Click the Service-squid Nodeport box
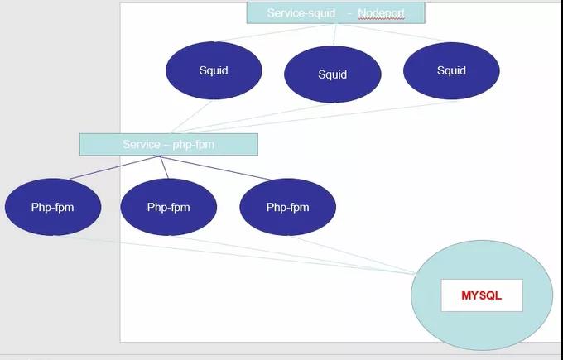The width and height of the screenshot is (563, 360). pyautogui.click(x=335, y=13)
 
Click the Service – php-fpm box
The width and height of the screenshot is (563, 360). pyautogui.click(x=169, y=144)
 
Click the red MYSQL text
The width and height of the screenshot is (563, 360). pyautogui.click(x=481, y=295)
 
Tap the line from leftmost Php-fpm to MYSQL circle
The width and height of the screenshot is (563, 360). pyautogui.click(x=248, y=257)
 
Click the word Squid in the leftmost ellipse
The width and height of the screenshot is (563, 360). pyautogui.click(x=214, y=70)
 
